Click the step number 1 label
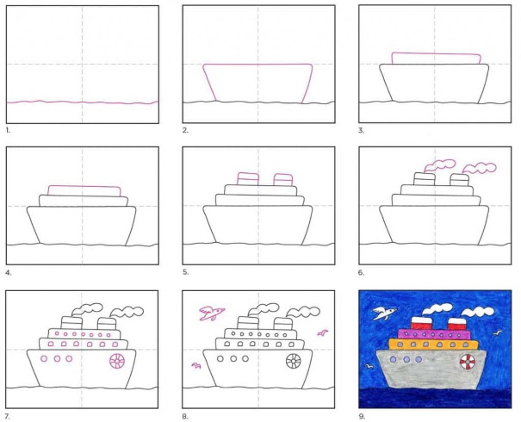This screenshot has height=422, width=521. point(8,131)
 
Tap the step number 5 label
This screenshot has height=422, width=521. point(185,272)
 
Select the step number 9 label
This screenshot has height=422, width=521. point(362,416)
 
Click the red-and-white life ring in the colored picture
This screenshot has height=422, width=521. point(468,361)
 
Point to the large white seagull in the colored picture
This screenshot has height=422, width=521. point(384,313)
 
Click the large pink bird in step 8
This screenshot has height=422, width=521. point(211,313)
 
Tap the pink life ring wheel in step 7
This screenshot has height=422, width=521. point(117,361)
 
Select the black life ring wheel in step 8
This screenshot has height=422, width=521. point(294,361)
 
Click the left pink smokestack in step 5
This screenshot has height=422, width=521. point(248,178)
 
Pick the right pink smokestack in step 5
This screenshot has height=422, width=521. point(283,179)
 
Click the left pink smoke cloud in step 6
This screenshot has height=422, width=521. point(439,165)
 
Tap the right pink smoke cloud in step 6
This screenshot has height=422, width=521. point(480,168)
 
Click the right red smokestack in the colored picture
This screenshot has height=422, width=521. point(457,324)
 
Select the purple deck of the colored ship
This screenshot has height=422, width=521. point(434,334)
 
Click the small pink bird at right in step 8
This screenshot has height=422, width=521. point(323,332)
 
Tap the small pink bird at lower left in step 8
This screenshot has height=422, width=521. point(196,365)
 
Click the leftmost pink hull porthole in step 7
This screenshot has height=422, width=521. point(44,358)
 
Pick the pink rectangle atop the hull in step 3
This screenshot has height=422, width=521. point(436,59)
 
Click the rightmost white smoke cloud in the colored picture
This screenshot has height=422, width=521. point(477,312)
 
